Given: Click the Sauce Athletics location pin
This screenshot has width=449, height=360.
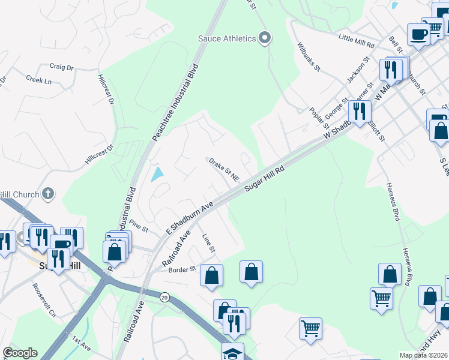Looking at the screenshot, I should pos(265,38).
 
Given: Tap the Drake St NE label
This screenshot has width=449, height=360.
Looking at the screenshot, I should pos(223,170).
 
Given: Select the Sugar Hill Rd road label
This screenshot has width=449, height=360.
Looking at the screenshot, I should pos(264,180).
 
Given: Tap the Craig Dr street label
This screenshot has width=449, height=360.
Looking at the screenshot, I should pos(61,67).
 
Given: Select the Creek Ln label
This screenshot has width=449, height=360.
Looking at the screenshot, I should pos(38,80).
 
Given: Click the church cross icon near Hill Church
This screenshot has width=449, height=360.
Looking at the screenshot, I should pos(48,193).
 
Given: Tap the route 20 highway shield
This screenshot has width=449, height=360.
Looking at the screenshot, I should pos(164,296).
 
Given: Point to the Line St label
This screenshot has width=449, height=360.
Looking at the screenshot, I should pos(208,242).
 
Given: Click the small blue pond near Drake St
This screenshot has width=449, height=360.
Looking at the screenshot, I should pos(157,175).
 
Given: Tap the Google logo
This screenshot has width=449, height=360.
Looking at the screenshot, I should pos(20,353).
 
